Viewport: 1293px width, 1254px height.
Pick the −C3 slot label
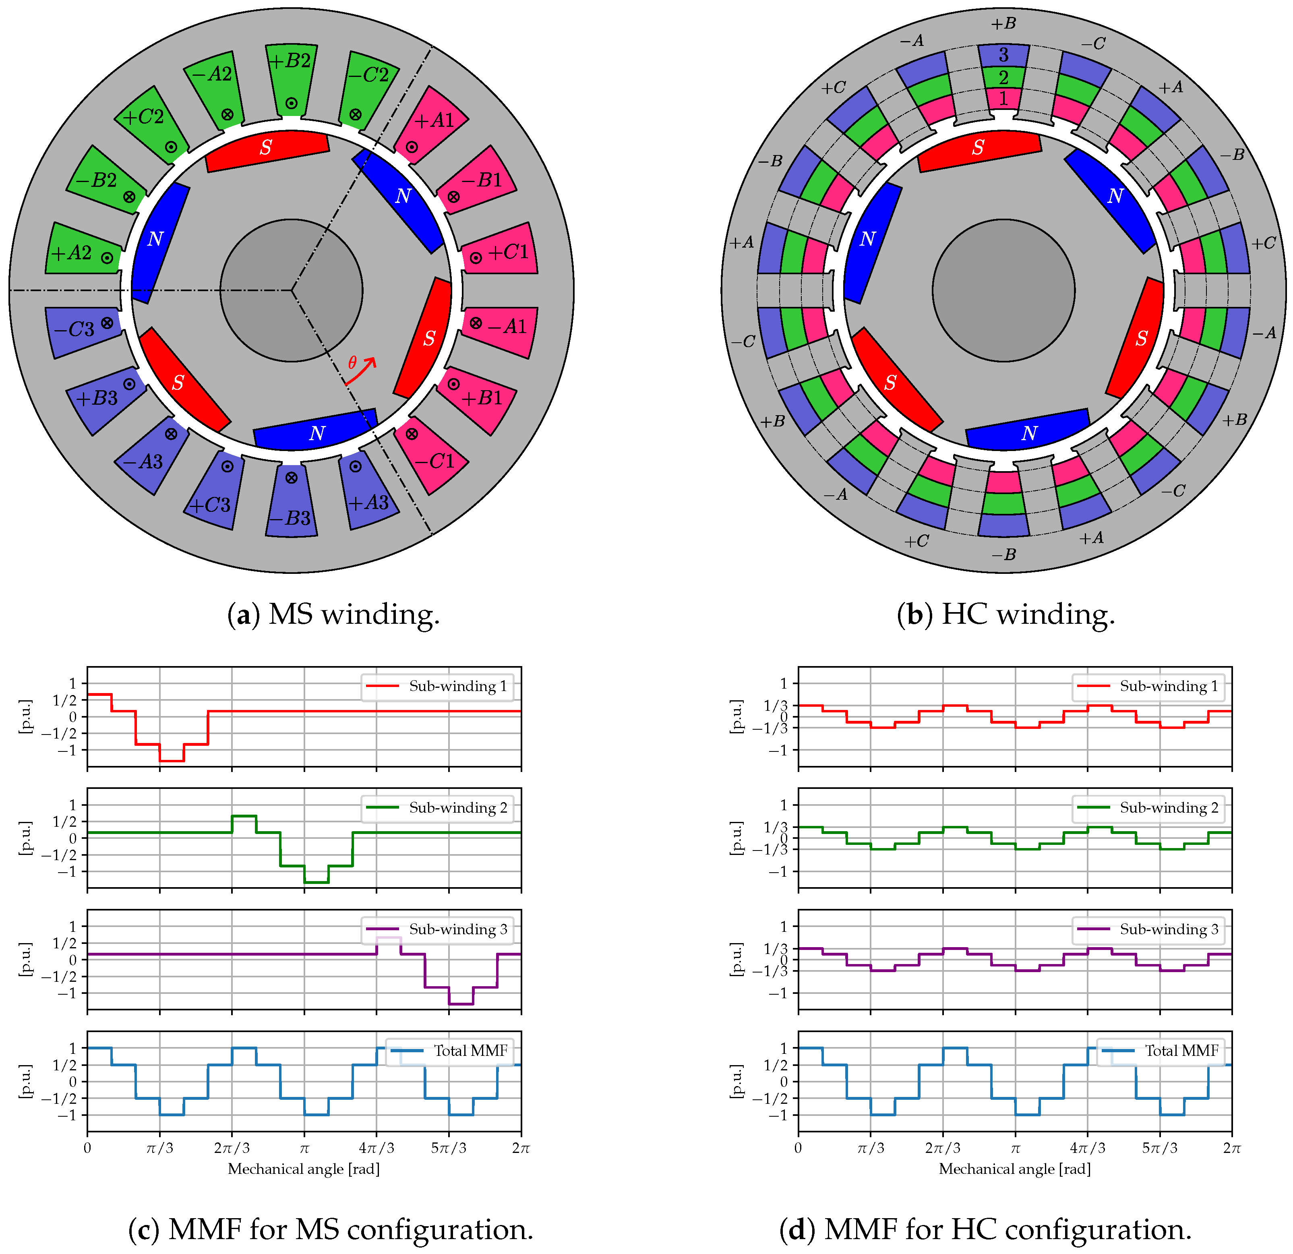click(x=74, y=329)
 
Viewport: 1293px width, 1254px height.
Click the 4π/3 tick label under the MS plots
click(x=376, y=1148)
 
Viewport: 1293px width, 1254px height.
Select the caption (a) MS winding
click(x=333, y=615)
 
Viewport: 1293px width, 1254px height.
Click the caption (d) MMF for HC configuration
click(x=985, y=1229)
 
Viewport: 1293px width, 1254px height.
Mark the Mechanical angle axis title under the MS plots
click(x=304, y=1169)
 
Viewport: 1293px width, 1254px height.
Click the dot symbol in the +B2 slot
click(x=291, y=103)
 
